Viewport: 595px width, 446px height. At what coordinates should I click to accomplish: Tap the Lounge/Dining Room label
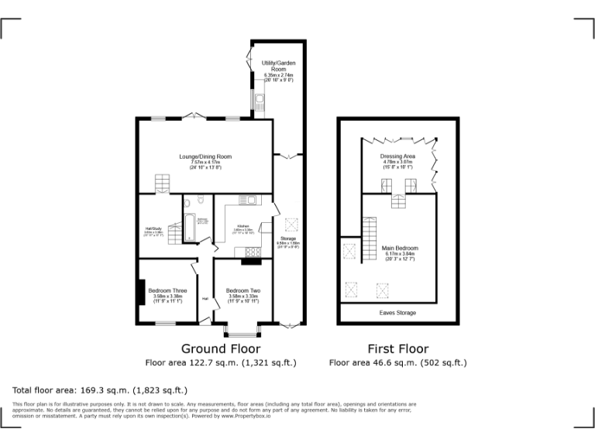click(205, 161)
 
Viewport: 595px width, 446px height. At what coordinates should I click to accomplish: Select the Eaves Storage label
click(397, 313)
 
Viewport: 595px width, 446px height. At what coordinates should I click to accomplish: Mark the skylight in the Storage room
click(293, 225)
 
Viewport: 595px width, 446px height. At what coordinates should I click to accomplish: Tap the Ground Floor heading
click(220, 348)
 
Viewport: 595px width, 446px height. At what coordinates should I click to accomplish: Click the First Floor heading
click(398, 348)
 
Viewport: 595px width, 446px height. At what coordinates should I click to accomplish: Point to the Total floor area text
click(100, 389)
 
